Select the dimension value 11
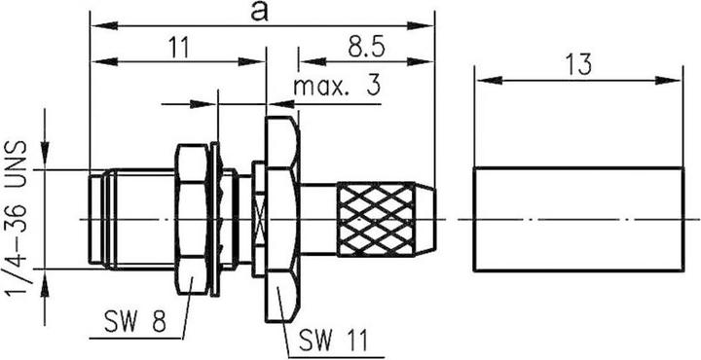pyautogui.click(x=178, y=47)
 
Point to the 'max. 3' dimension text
pyautogui.click(x=336, y=87)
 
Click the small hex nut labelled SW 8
pyautogui.click(x=192, y=220)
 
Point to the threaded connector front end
pyautogui.click(x=127, y=220)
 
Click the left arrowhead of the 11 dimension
pyautogui.click(x=94, y=62)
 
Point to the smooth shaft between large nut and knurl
pyautogui.click(x=318, y=220)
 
